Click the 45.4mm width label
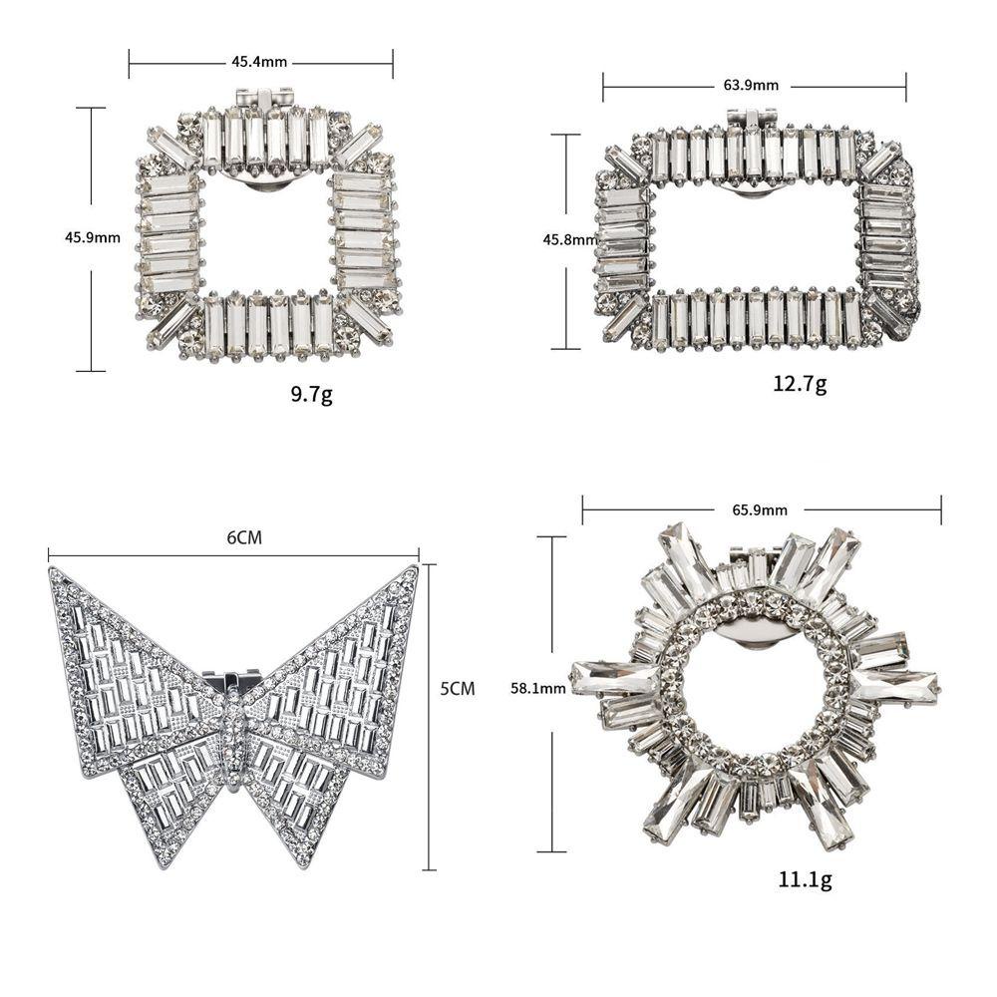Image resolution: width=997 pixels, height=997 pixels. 259,62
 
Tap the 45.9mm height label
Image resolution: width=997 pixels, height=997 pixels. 92,238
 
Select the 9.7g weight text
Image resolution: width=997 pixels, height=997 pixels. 311,396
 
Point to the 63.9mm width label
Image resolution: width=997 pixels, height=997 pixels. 751,85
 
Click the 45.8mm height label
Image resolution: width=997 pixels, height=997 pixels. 570,239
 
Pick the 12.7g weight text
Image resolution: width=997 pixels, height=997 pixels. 800,384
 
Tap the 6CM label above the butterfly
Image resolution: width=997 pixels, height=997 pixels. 244,538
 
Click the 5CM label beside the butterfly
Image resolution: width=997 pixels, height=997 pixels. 458,689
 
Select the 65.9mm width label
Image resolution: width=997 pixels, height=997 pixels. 759,509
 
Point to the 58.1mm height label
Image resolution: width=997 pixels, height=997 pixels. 538,688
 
